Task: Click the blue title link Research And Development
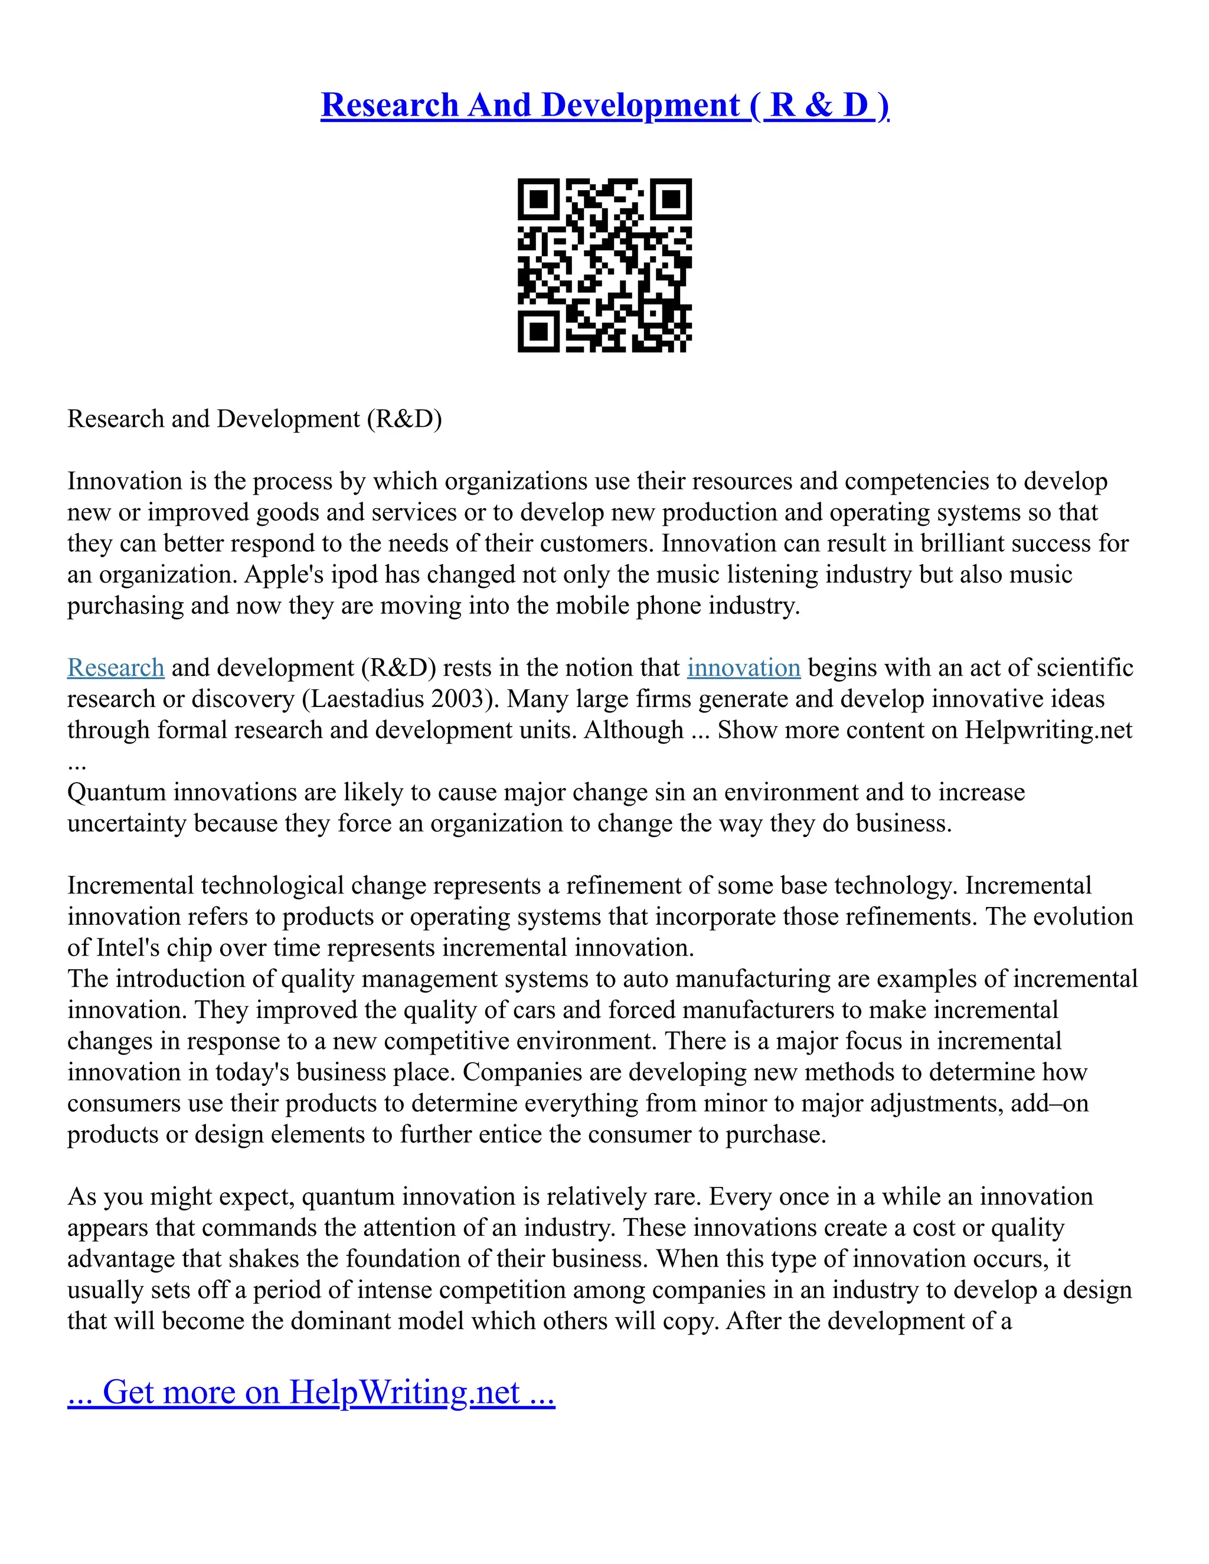pyautogui.click(x=604, y=105)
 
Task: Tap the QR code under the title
pyautogui.click(x=604, y=265)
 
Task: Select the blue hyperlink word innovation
pyautogui.click(x=743, y=668)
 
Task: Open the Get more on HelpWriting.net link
pyautogui.click(x=311, y=1392)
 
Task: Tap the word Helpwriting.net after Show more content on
pyautogui.click(x=1048, y=729)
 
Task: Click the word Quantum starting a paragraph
pyautogui.click(x=116, y=792)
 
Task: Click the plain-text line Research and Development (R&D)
pyautogui.click(x=254, y=419)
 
